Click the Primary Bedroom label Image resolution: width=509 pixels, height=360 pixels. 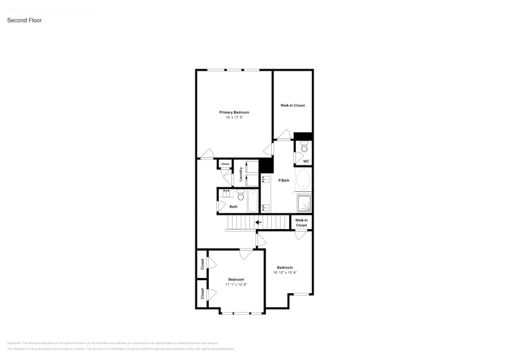[x=234, y=112]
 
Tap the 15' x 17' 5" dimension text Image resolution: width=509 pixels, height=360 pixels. [x=234, y=118]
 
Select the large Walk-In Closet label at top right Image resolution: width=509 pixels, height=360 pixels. [x=293, y=105]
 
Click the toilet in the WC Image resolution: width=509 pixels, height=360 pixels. [x=304, y=148]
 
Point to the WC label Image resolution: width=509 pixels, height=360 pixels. [x=306, y=161]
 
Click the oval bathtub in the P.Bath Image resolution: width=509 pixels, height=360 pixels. [x=303, y=180]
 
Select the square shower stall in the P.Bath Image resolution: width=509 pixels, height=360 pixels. [x=304, y=203]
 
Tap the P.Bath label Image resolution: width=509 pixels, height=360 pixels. [x=284, y=180]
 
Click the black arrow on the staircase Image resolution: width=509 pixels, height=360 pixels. [x=258, y=222]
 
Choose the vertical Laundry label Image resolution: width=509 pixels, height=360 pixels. [x=240, y=175]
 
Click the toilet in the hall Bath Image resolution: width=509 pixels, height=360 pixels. [x=241, y=194]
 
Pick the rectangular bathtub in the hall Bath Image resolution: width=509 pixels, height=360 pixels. [x=253, y=201]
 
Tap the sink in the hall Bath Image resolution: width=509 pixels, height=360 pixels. [x=226, y=193]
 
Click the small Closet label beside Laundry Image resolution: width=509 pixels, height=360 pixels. [x=225, y=164]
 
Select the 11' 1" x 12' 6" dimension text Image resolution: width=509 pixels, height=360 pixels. [x=236, y=285]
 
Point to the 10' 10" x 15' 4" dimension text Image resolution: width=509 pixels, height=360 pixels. [x=285, y=272]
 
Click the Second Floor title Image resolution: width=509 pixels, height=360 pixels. [x=24, y=20]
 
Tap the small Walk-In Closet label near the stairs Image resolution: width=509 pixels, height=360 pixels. [x=301, y=223]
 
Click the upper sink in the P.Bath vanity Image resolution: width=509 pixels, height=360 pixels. [x=265, y=179]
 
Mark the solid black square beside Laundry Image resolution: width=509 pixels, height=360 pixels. [x=266, y=165]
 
